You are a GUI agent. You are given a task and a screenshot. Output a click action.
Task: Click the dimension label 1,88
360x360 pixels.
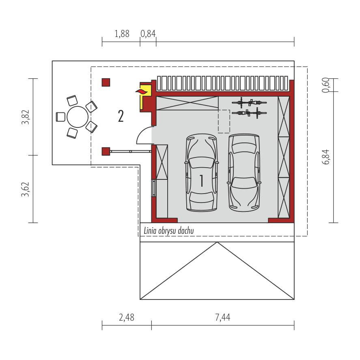click(x=122, y=34)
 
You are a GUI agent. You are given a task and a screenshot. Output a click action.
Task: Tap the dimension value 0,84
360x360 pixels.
click(x=148, y=34)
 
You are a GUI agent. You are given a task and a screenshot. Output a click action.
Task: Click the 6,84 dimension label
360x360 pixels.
click(x=326, y=157)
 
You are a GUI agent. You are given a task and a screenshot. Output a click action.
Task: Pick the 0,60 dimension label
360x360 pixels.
click(x=326, y=85)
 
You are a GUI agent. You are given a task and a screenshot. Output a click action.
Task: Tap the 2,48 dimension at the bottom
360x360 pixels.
click(x=126, y=317)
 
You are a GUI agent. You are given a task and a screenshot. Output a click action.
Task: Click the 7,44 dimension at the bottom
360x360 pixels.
click(x=222, y=317)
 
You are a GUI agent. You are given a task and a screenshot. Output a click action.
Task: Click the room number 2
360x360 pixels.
click(x=121, y=116)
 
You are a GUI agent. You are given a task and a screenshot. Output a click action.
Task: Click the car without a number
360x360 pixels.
click(x=244, y=172)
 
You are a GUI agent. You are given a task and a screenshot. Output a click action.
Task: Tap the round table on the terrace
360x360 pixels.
click(x=78, y=117)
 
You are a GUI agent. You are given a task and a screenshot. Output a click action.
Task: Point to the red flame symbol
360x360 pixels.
click(x=141, y=92)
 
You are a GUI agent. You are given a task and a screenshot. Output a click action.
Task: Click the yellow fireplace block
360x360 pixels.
click(x=144, y=98)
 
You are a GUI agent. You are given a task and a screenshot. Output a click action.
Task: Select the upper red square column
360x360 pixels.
click(x=106, y=82)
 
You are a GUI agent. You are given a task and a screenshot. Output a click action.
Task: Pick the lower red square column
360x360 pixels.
click(x=106, y=151)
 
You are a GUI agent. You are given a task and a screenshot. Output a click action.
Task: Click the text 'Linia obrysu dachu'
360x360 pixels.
click(x=169, y=231)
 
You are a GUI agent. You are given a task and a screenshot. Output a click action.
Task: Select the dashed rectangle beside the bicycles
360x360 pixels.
click(x=224, y=121)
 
